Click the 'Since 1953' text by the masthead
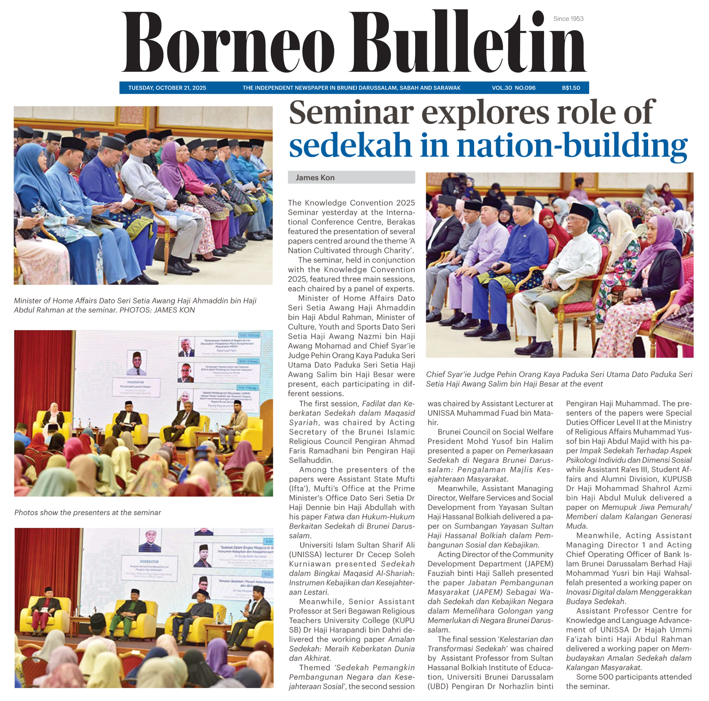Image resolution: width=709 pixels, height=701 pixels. tap(568, 19)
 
